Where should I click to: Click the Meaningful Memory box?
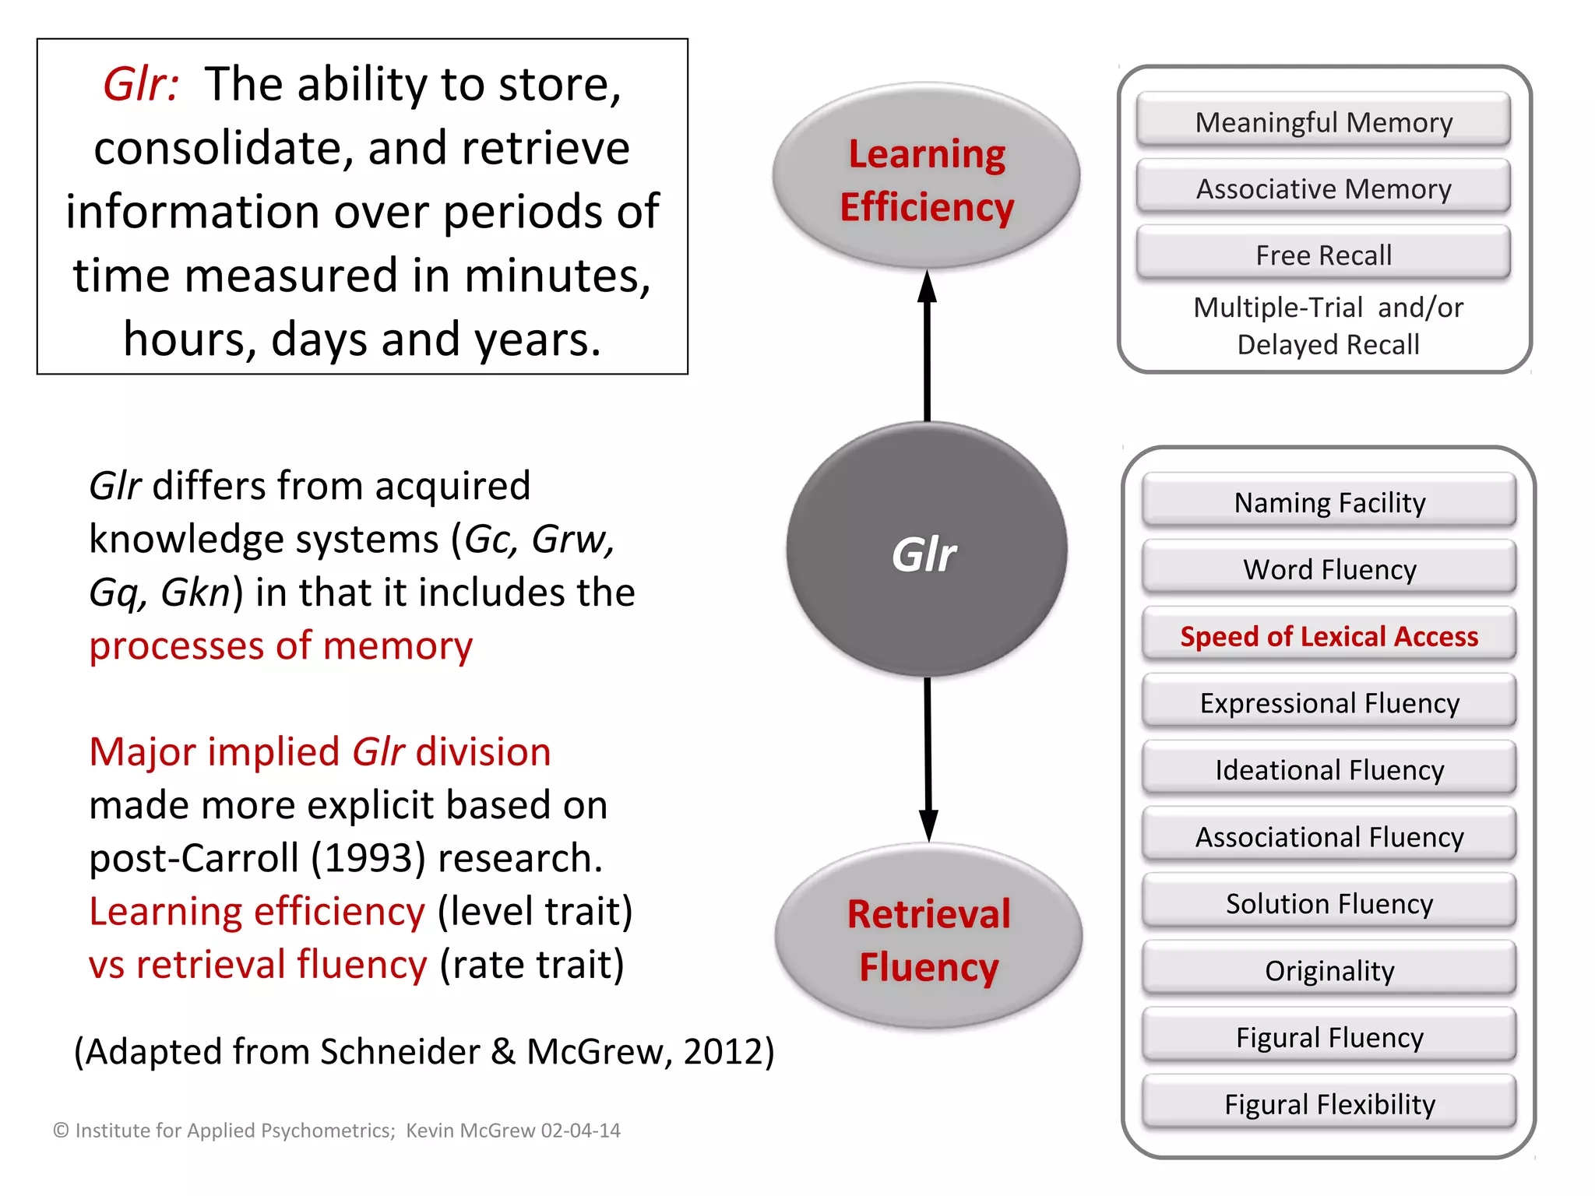[x=1323, y=121]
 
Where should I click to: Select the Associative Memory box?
[x=1323, y=188]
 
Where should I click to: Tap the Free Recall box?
[x=1323, y=255]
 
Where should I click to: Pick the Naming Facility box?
[x=1329, y=502]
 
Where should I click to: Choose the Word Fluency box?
[x=1329, y=569]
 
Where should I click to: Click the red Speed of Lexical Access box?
[x=1329, y=636]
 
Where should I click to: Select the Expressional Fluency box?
[x=1329, y=703]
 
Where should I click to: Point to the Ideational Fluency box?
[x=1329, y=770]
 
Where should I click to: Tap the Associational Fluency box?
[x=1329, y=837]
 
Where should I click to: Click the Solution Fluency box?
[x=1329, y=903]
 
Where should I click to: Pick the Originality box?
[x=1329, y=970]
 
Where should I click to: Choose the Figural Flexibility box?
[x=1329, y=1104]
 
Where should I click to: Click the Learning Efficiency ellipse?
[x=926, y=178]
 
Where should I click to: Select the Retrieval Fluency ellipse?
[x=928, y=939]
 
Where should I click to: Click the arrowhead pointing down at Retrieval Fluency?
[x=928, y=824]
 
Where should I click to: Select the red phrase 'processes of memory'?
[x=280, y=645]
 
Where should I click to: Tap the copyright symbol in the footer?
[x=61, y=1131]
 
